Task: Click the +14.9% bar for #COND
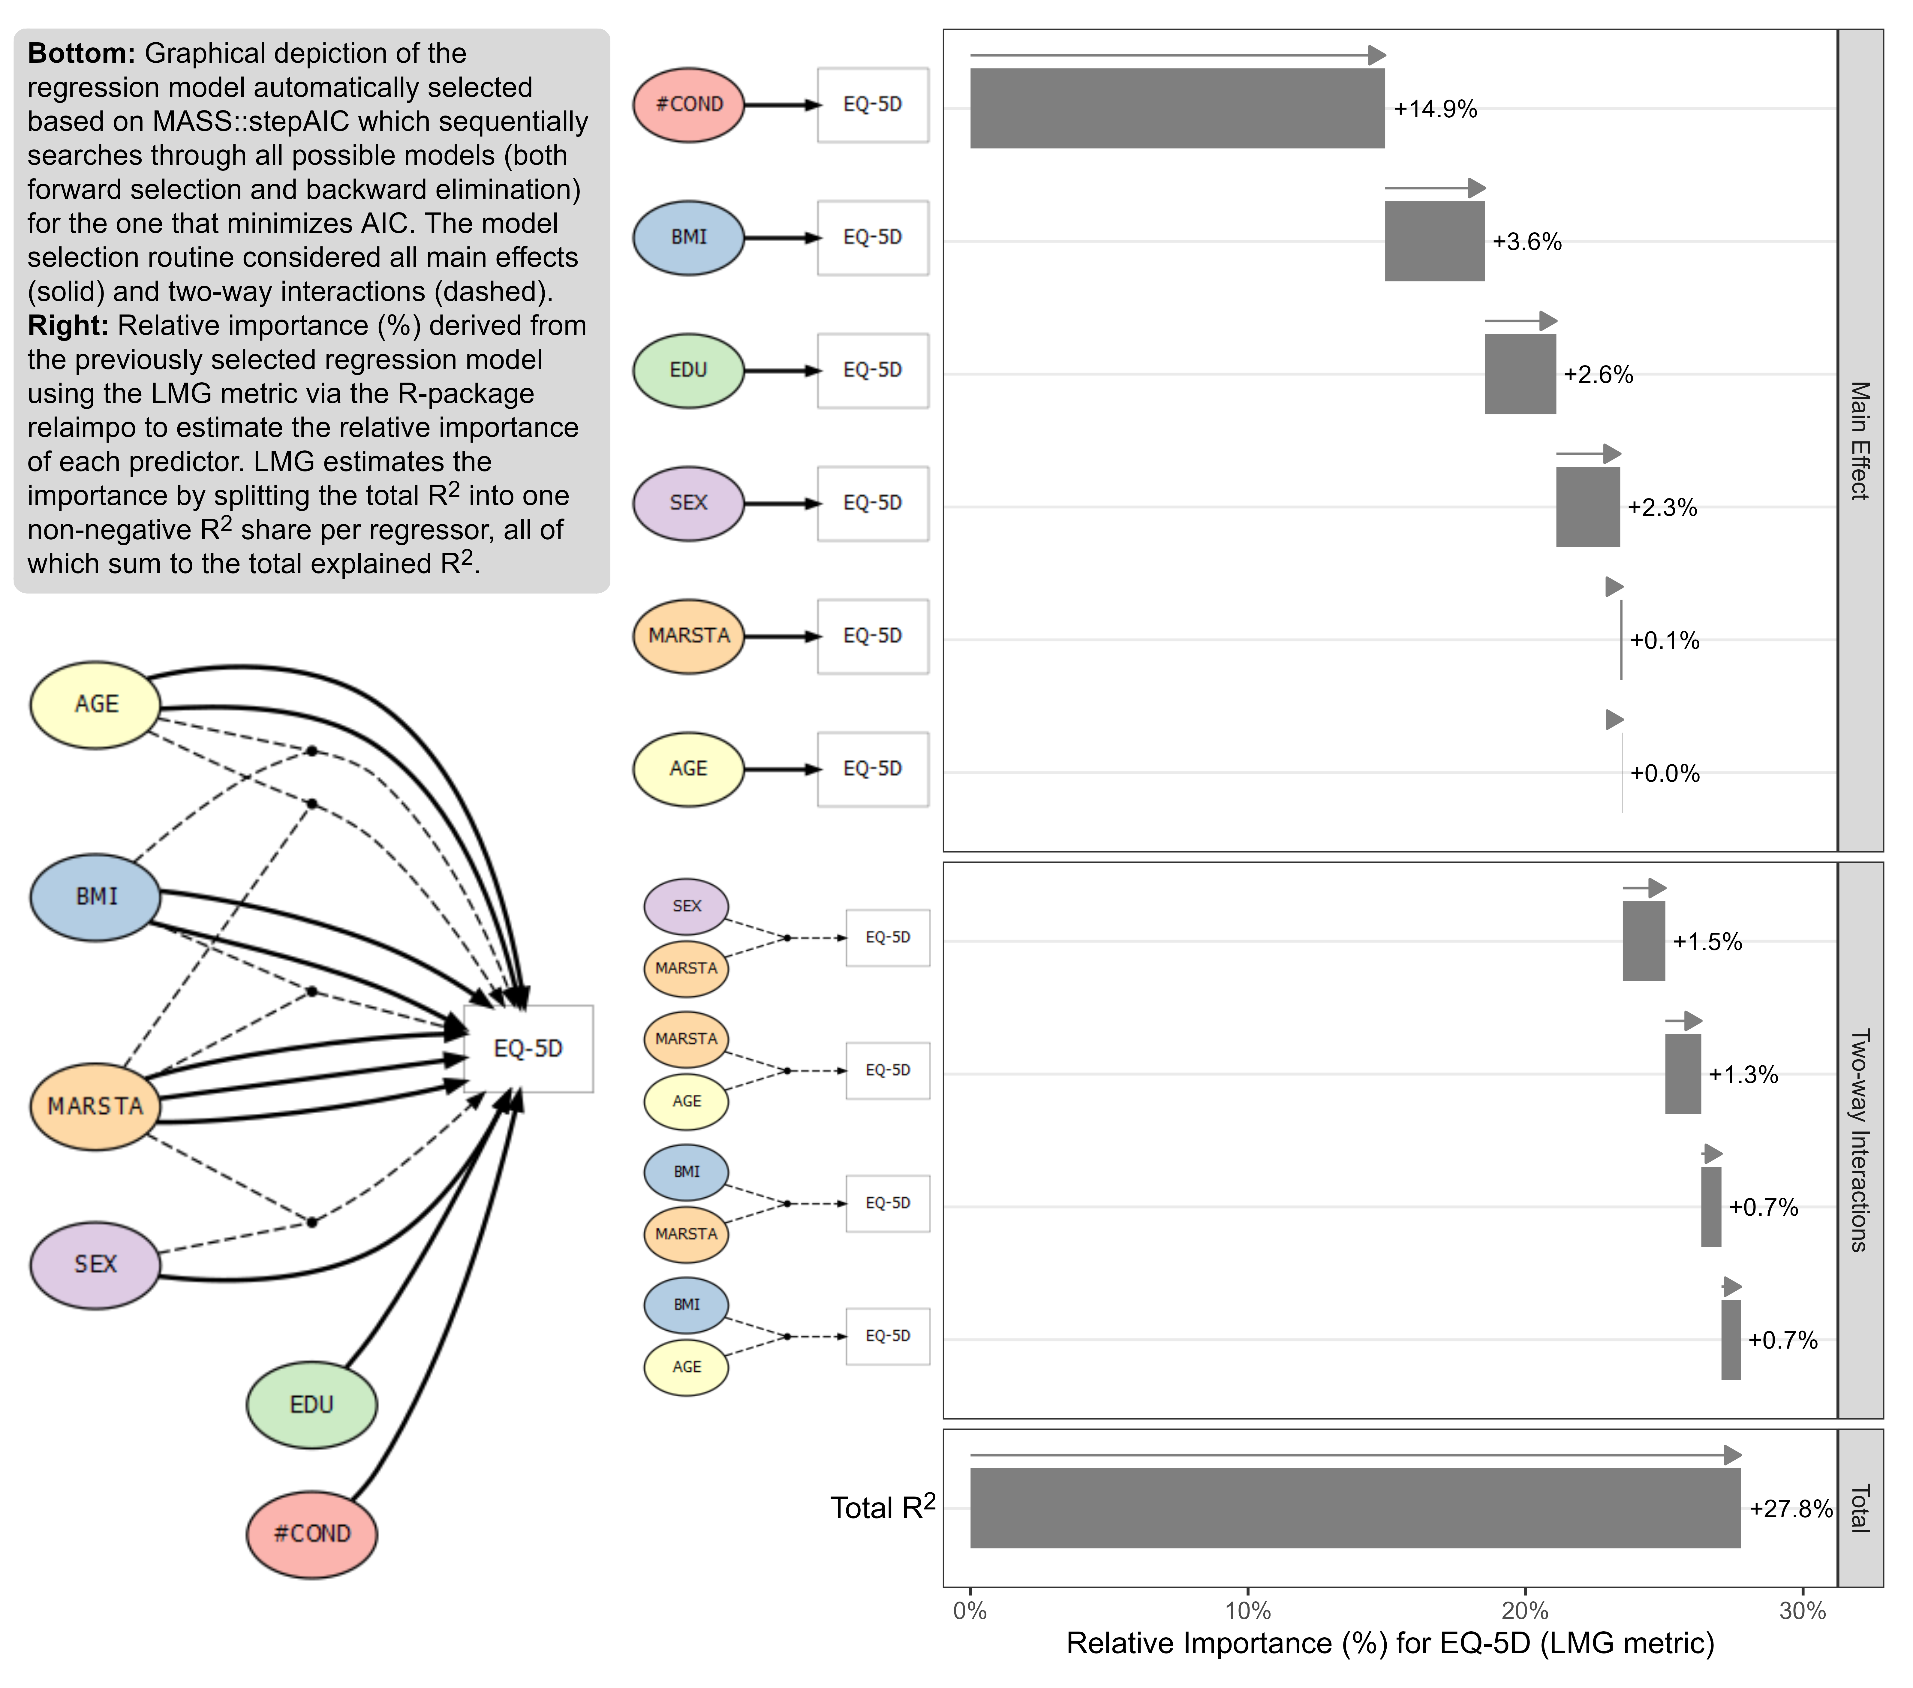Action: [x=1176, y=109]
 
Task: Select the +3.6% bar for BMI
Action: [x=1434, y=241]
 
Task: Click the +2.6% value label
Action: [x=1598, y=374]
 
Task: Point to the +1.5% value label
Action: [x=1707, y=941]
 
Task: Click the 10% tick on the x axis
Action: [x=1247, y=1610]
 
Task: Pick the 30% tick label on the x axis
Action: [x=1802, y=1610]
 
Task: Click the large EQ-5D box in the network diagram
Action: [x=528, y=1048]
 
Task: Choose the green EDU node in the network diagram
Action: [x=312, y=1404]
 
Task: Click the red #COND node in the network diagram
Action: [x=312, y=1534]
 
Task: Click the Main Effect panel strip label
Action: [x=1860, y=440]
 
